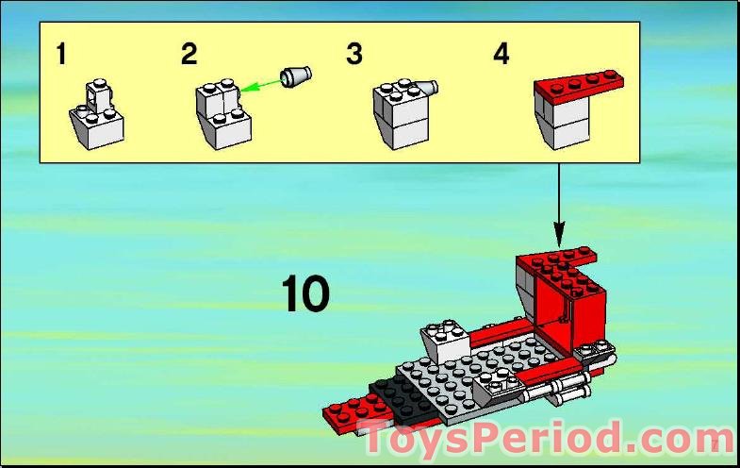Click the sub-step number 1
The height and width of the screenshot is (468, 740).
click(61, 54)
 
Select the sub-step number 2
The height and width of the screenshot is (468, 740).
click(189, 54)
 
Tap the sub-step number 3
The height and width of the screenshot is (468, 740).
click(354, 54)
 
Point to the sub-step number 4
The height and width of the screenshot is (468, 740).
click(502, 54)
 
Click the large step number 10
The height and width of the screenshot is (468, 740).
click(305, 293)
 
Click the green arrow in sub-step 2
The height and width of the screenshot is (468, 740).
click(260, 85)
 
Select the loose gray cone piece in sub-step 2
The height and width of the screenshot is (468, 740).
click(295, 76)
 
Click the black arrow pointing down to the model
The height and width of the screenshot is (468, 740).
click(559, 206)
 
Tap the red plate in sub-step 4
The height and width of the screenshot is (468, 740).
click(579, 87)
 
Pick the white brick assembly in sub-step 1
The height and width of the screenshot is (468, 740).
click(97, 115)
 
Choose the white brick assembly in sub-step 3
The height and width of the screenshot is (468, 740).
click(402, 114)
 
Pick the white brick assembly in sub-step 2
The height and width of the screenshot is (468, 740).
click(223, 115)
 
